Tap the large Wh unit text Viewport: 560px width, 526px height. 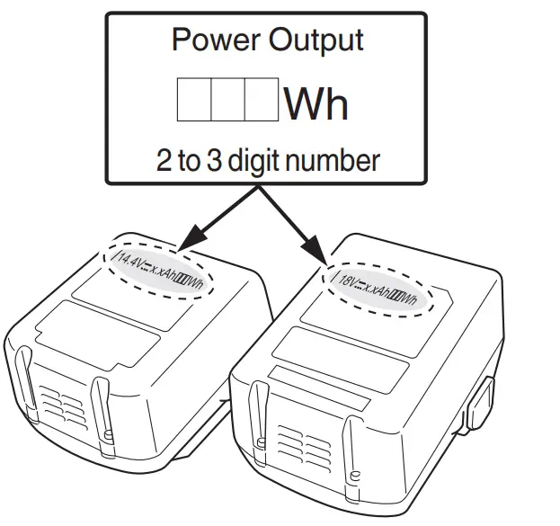(x=316, y=103)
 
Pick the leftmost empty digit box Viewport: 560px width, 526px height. (x=193, y=101)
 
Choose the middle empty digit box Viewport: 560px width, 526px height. (x=227, y=101)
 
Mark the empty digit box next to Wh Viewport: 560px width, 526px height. (x=261, y=101)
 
